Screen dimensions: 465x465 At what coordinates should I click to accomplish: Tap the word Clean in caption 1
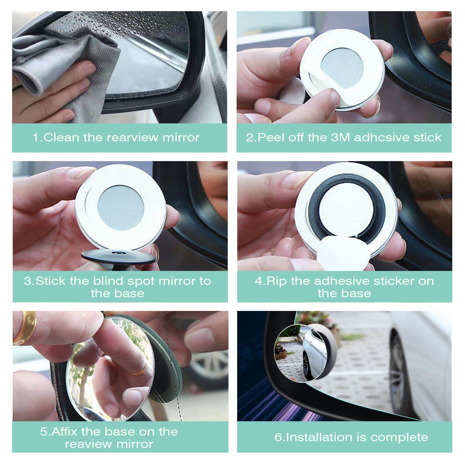coord(61,137)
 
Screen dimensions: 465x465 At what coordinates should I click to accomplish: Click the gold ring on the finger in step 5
coord(28,327)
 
